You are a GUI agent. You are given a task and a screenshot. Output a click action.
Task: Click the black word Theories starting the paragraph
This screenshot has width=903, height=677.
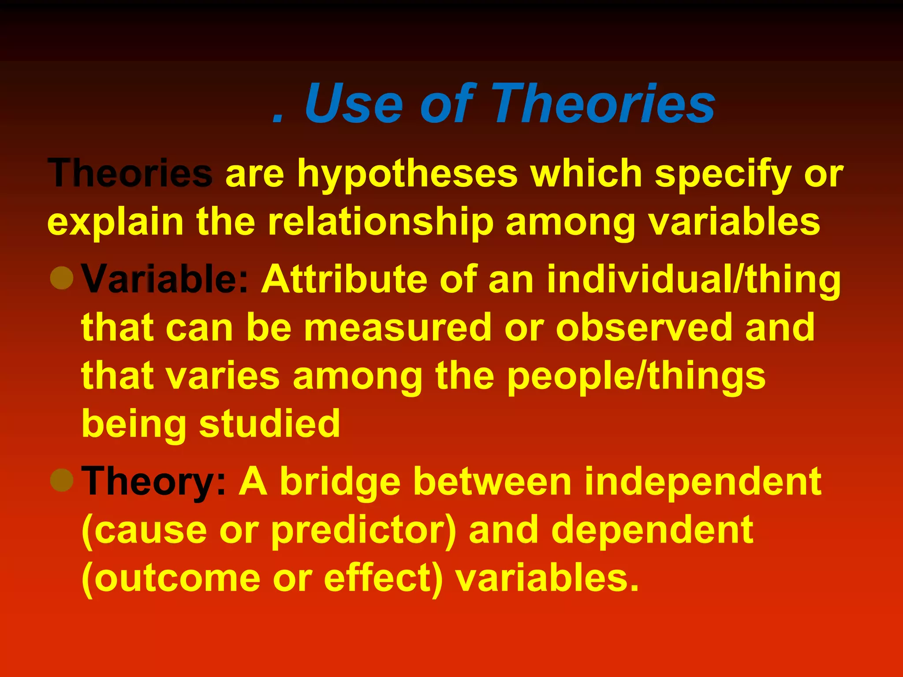tap(130, 174)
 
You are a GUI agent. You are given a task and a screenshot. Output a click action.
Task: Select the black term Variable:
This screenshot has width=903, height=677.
tap(165, 279)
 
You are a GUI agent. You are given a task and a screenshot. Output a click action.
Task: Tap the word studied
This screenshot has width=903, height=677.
tap(270, 424)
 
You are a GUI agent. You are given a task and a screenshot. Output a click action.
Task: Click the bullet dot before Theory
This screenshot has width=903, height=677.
tap(62, 480)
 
